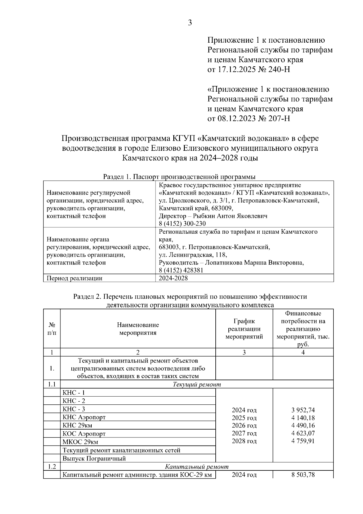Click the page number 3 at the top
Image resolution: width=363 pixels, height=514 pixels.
click(x=190, y=23)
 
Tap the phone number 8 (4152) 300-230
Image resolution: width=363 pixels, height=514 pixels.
click(x=182, y=224)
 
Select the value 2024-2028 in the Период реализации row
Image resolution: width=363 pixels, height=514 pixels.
click(x=173, y=278)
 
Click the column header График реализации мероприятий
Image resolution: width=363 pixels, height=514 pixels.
click(x=244, y=329)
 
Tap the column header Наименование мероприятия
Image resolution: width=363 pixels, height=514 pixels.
click(x=138, y=329)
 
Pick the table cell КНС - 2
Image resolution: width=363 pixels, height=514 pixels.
click(x=74, y=401)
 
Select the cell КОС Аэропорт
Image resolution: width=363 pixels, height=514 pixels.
click(x=84, y=433)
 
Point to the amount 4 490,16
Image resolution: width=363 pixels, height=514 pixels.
click(x=303, y=426)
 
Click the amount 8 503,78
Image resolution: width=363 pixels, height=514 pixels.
click(x=303, y=475)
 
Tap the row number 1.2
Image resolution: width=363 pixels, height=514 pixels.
click(x=52, y=466)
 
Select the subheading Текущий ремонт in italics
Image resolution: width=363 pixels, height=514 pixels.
click(x=197, y=384)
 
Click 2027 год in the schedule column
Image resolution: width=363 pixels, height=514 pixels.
click(x=244, y=433)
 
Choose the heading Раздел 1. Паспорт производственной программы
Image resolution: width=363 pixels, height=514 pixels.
click(x=179, y=176)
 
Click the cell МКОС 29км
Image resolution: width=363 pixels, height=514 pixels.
click(x=80, y=442)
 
